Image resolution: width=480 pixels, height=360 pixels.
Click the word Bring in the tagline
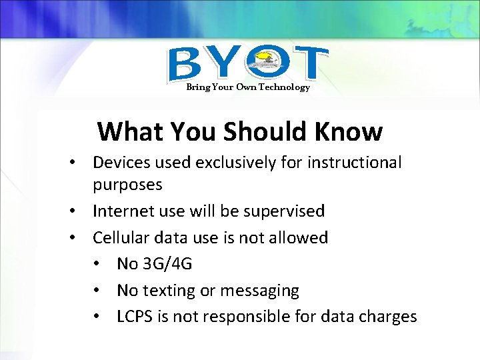197,87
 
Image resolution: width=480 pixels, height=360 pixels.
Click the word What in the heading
131,132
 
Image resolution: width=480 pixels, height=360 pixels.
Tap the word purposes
127,185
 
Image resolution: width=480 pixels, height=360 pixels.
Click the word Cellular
119,238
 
